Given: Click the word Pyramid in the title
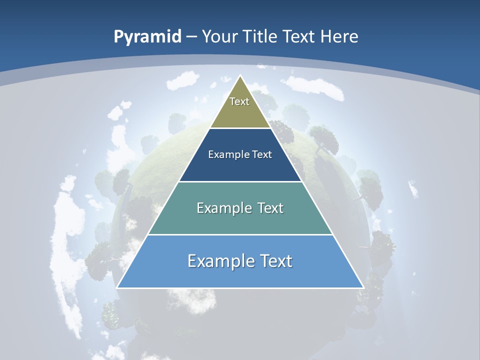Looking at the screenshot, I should (147, 37).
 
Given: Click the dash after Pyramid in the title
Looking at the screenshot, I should (191, 37).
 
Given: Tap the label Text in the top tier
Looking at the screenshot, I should (239, 101).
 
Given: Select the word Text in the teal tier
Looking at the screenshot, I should (268, 208).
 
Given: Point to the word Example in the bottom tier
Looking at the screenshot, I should (218, 261).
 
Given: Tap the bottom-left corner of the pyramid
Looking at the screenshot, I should (117, 287).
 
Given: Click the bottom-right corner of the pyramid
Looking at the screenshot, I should (363, 287).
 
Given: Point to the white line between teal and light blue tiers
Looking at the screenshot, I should (240, 234).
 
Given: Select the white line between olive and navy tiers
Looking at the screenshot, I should (240, 128).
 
